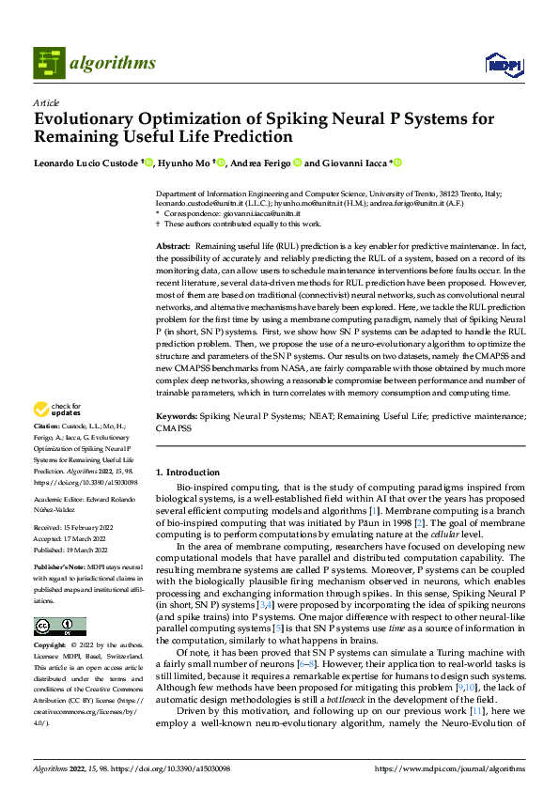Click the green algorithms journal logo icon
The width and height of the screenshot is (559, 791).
49,63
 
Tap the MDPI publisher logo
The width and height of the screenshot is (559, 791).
503,64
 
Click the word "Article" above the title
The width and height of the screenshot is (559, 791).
46,102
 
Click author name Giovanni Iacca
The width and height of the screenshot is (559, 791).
357,163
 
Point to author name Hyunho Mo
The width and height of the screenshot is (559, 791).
185,163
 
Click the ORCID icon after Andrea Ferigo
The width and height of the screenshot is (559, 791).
297,163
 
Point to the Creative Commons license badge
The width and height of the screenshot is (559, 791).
59,600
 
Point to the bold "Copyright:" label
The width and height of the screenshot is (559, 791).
51,620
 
